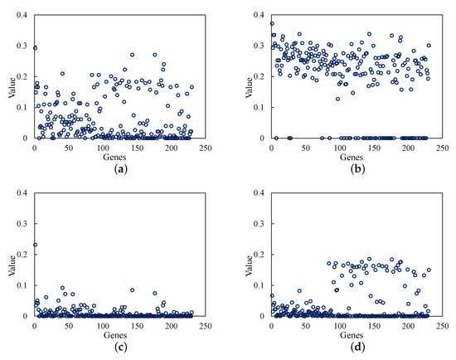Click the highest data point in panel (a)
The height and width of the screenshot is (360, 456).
[x=35, y=48]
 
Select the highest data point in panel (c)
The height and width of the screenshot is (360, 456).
[x=35, y=245]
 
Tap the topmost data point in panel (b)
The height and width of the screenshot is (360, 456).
[x=272, y=23]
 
